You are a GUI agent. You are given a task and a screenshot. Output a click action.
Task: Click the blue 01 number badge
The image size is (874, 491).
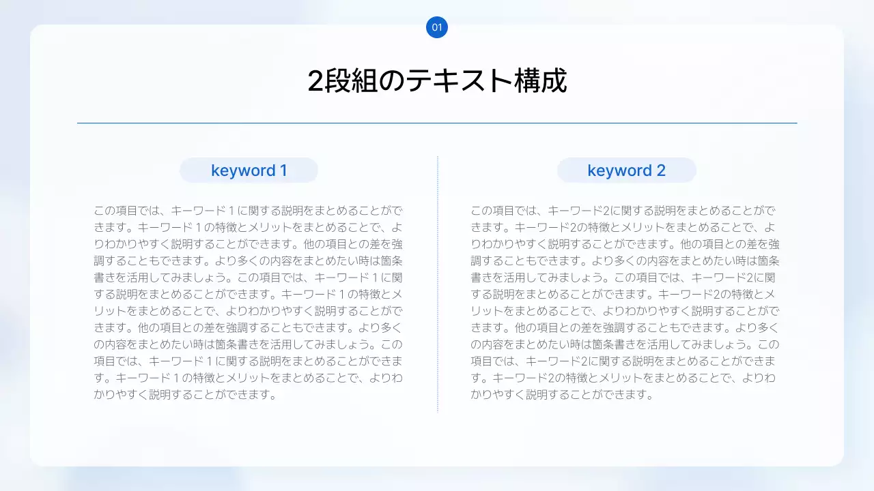437,28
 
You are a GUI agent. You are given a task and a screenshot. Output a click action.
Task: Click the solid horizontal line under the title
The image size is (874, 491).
437,123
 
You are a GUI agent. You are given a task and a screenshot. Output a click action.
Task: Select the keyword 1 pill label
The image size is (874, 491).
249,170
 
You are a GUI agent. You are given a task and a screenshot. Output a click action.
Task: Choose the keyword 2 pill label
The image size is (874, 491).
626,170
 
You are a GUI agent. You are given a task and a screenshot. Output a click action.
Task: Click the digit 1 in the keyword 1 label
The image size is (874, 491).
283,170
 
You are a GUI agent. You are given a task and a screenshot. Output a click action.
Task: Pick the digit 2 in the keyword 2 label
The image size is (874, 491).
660,170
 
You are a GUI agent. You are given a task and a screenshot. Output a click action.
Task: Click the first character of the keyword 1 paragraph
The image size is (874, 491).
99,211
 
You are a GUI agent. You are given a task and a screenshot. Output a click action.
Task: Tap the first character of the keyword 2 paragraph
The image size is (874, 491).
476,211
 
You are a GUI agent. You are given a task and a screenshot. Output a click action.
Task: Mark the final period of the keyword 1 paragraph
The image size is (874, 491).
272,396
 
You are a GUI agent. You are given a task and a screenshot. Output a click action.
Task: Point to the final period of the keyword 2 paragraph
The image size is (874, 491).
650,396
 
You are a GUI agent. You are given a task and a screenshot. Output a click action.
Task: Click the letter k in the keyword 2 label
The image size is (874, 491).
591,170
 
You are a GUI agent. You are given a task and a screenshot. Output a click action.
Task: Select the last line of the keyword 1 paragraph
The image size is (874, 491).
184,394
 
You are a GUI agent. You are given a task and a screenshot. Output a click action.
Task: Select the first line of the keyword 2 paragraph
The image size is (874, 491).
623,211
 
